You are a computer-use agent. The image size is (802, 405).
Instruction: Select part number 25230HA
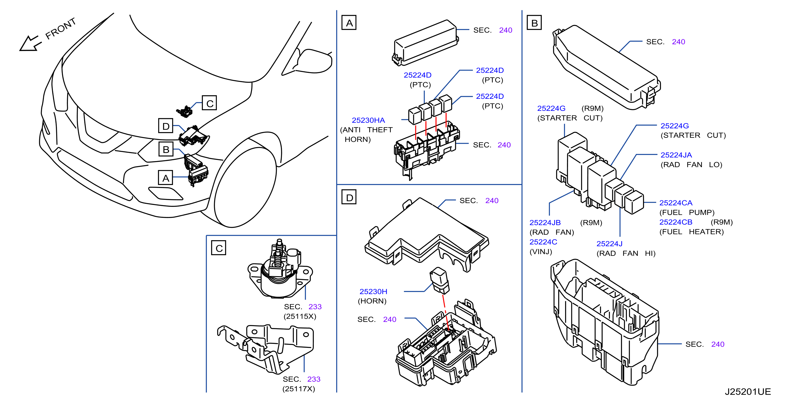368,120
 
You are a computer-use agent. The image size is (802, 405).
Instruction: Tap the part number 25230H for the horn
373,291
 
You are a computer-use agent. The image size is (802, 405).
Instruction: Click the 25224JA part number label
676,155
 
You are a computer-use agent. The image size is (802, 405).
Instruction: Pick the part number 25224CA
675,203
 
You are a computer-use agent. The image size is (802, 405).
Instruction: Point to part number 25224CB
675,222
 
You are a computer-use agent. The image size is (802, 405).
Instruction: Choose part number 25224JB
545,223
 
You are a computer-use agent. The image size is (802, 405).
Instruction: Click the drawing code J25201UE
747,392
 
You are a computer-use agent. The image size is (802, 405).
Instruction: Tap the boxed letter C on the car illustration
209,103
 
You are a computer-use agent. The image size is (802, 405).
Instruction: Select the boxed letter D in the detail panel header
349,198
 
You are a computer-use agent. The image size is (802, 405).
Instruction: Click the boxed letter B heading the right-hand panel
534,23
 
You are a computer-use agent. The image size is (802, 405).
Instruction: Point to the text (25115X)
300,317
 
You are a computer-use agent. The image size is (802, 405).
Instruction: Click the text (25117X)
299,389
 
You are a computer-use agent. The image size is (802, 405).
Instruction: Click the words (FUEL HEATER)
692,232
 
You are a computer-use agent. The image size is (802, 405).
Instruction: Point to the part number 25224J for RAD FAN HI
609,244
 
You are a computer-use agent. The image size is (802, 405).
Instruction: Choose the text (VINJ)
541,252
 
